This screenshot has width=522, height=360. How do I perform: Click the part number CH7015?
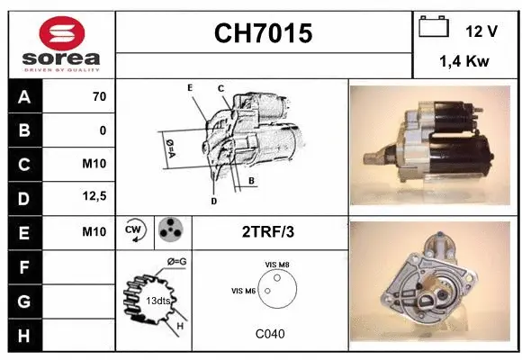pos(263,34)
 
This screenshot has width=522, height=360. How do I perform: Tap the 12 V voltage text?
pos(481,31)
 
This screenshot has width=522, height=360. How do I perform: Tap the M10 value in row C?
pos(94,164)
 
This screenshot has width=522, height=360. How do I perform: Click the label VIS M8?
pos(277,263)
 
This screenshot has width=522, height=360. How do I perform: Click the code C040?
pos(270,334)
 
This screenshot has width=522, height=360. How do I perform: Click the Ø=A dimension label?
pos(169,145)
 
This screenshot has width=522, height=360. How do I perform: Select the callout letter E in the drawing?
pos(191,87)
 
